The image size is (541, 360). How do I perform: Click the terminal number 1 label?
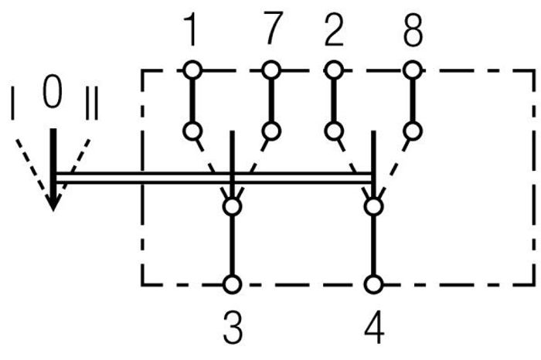point(191,29)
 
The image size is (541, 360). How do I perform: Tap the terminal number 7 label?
point(273,28)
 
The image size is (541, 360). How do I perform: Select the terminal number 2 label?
point(334,29)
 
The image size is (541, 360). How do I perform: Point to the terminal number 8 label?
point(413,30)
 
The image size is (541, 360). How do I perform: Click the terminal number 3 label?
point(233,327)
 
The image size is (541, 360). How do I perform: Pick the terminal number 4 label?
point(374,327)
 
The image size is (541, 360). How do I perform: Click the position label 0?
point(53,91)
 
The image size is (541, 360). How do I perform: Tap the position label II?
point(92,103)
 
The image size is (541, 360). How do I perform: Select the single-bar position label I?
point(13,104)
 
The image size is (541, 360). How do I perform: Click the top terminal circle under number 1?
point(192,70)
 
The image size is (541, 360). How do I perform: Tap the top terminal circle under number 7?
point(271,70)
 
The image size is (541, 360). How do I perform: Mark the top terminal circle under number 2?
point(334,70)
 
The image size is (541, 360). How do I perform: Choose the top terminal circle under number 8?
point(413,70)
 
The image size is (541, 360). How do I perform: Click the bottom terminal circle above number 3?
point(232,285)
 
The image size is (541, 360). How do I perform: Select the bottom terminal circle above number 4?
point(374,285)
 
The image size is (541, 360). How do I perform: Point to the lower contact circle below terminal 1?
point(192,131)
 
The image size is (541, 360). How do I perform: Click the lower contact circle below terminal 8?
point(413,131)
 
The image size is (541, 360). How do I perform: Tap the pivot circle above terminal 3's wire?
point(232,206)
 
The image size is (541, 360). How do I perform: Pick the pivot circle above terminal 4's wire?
point(374,206)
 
